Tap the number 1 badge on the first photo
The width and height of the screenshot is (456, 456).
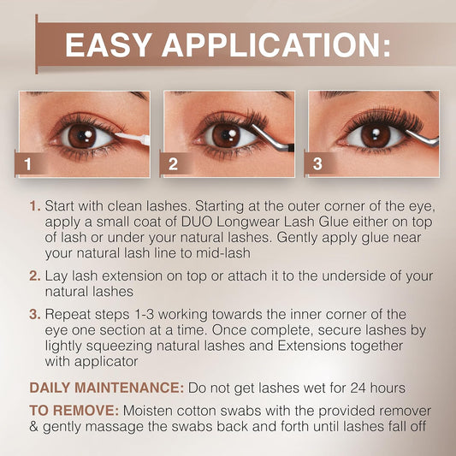coord(29,163)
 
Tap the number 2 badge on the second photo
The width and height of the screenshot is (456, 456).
coord(174,163)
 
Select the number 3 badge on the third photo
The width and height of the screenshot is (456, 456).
coord(318,163)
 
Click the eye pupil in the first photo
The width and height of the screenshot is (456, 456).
coord(80,135)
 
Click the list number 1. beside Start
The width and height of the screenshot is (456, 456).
coord(34,207)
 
